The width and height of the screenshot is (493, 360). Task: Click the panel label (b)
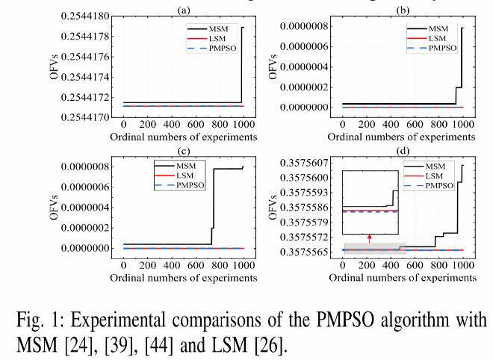click(403, 8)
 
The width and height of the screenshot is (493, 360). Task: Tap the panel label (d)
click(403, 150)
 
